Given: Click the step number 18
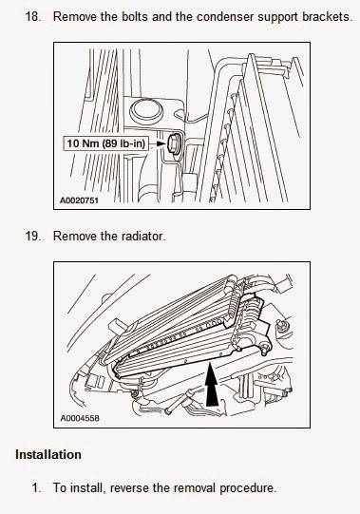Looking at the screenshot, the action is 33,16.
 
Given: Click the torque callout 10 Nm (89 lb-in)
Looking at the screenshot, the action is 105,143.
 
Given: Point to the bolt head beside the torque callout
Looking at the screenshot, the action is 174,143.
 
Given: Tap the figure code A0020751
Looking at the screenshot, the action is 79,200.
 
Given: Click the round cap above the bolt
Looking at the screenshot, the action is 146,110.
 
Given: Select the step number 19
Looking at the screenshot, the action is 33,236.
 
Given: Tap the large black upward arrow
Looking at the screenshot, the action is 212,384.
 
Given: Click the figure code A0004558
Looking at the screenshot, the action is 80,418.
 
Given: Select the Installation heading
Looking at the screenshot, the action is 48,455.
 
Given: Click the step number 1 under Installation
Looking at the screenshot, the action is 36,487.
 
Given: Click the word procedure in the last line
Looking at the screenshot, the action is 248,488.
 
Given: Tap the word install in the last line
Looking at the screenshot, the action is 87,487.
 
